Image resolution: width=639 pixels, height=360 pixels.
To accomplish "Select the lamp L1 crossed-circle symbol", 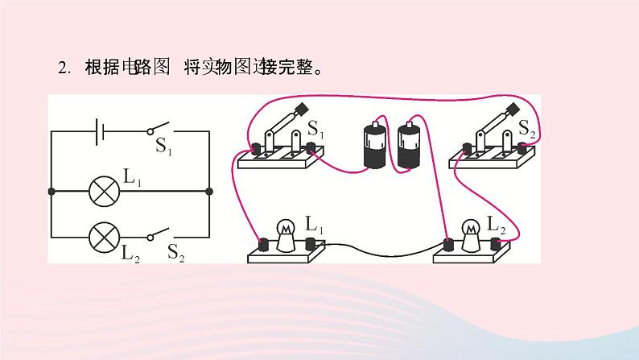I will (102, 192).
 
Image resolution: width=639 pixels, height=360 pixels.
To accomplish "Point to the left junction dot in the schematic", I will (52, 192).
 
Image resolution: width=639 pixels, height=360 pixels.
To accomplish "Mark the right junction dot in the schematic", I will (209, 192).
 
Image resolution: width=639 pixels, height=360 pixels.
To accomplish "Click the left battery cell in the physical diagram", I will (375, 145).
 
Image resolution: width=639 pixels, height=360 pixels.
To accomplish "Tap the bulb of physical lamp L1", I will (285, 231).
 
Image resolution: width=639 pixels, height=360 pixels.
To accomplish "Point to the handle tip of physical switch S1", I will (302, 109).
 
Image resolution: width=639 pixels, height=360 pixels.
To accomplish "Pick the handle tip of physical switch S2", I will (512, 109).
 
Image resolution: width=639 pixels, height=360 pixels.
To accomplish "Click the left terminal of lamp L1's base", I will (262, 243).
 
